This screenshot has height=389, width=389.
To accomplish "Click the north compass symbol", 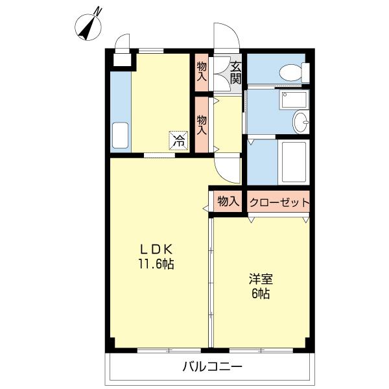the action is [88, 27].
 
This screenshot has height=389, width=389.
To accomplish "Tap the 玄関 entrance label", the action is [235, 73].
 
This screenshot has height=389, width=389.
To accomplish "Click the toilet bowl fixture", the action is [294, 73].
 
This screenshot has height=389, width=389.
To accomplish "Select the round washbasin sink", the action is [301, 122].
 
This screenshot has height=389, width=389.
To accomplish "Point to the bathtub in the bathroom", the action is [294, 162].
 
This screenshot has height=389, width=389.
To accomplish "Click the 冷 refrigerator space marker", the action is [179, 141].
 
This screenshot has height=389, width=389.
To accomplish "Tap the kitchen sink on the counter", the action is [121, 136].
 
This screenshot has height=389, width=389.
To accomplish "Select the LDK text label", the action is [156, 249].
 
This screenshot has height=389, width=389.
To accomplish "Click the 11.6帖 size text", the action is [156, 264].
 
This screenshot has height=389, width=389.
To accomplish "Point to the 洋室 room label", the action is [261, 279].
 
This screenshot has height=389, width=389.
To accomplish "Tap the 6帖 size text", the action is [261, 294].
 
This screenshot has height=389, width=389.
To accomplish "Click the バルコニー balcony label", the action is [213, 366].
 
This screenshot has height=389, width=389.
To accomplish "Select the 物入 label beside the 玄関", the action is [202, 71].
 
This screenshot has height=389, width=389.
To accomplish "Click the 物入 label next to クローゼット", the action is [228, 201].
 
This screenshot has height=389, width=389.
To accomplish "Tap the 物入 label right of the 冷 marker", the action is [202, 125].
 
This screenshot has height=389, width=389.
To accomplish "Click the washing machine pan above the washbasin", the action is [294, 100].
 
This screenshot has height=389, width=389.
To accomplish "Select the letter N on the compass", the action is [99, 12].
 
